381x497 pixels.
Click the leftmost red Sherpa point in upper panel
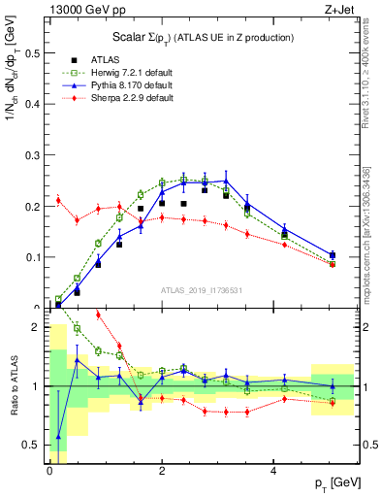[x=58, y=200]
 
